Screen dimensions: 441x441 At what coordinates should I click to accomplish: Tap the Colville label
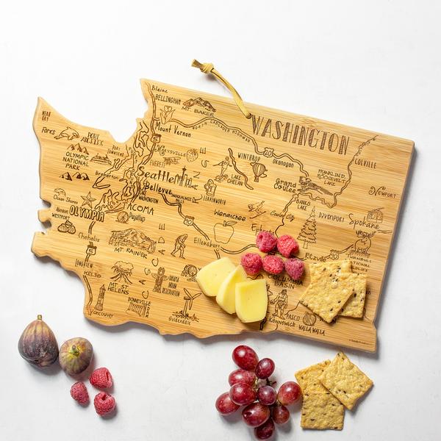pos(365,163)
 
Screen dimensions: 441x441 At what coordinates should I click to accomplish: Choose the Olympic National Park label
pos(76,159)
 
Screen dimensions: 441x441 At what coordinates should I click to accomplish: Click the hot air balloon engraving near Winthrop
pos(258,171)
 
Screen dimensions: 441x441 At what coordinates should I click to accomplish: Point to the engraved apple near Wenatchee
pos(223,232)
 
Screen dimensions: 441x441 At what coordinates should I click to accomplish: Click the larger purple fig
pos(37,342)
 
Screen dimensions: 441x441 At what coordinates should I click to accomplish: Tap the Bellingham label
pos(168,98)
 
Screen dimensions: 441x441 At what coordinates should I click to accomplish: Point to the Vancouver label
pos(103,314)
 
